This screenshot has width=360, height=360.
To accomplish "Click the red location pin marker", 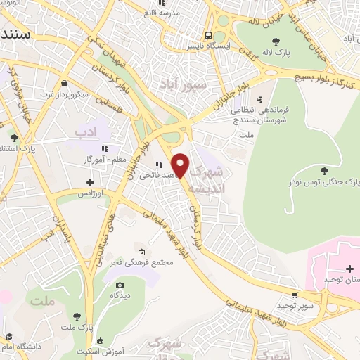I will tap(180, 165).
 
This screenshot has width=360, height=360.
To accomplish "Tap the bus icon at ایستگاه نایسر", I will tap(208, 34).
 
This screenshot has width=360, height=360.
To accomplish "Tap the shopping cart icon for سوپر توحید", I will tap(294, 295).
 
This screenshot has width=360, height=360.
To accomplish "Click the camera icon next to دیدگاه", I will tap(120, 285).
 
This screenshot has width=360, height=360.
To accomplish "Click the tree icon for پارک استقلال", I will tap(15, 136).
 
